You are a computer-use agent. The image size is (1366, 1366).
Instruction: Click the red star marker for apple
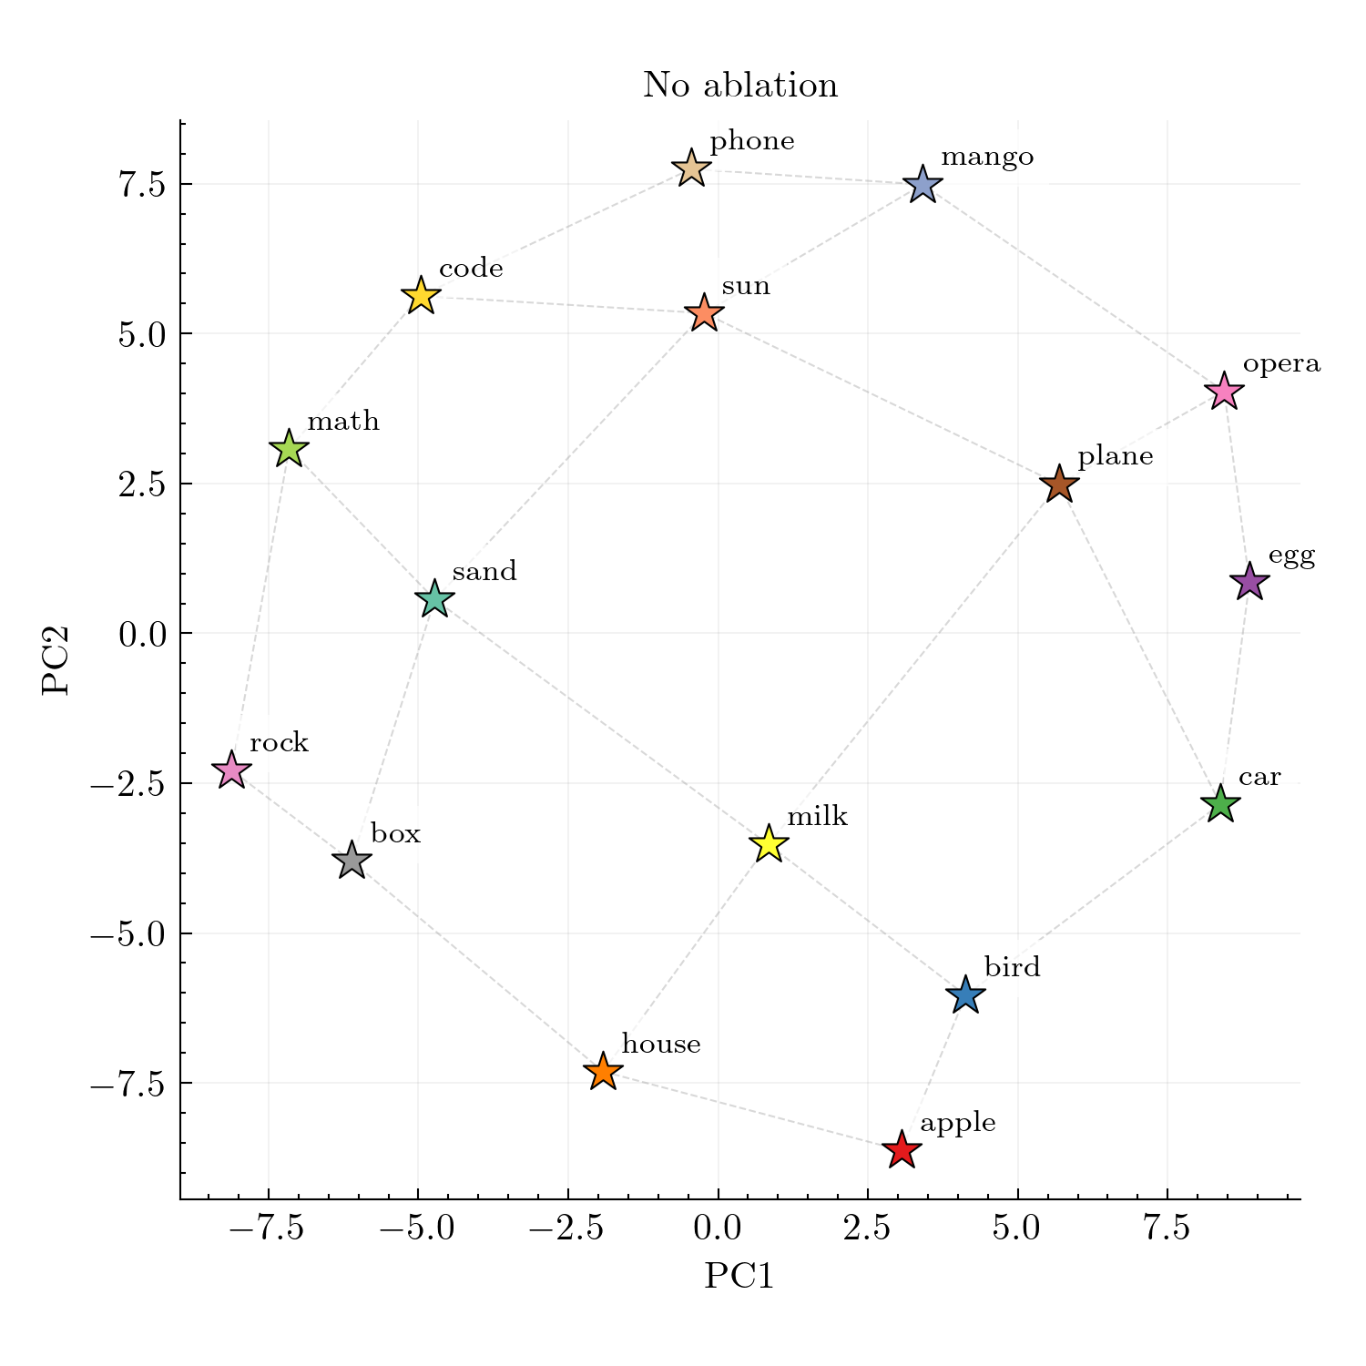click(902, 1149)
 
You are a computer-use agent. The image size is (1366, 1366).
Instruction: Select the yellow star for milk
click(769, 843)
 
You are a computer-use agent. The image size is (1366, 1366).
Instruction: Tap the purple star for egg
click(1249, 581)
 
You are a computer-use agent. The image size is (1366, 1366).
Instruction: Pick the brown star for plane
click(1059, 484)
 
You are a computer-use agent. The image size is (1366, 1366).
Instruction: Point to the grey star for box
click(352, 860)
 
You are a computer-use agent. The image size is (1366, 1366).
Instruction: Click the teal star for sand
click(434, 599)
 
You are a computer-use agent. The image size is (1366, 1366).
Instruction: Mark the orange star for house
click(602, 1071)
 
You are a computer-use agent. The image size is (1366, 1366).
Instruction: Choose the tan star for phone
click(691, 169)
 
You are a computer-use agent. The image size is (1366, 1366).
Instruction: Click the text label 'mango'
click(987, 158)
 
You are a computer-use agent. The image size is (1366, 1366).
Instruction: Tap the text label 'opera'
click(1281, 364)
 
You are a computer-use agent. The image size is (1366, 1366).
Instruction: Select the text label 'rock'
click(279, 743)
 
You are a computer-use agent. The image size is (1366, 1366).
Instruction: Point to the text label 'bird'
click(1012, 967)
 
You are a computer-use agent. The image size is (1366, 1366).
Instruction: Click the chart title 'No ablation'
click(740, 86)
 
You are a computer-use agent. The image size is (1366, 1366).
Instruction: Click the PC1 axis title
click(739, 1277)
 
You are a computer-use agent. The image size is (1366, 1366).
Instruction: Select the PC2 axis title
click(56, 660)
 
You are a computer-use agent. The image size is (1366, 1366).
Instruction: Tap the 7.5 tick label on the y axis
click(140, 185)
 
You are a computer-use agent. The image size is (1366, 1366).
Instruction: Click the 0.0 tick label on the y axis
click(140, 634)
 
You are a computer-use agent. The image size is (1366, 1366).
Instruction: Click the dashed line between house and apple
click(751, 1110)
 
